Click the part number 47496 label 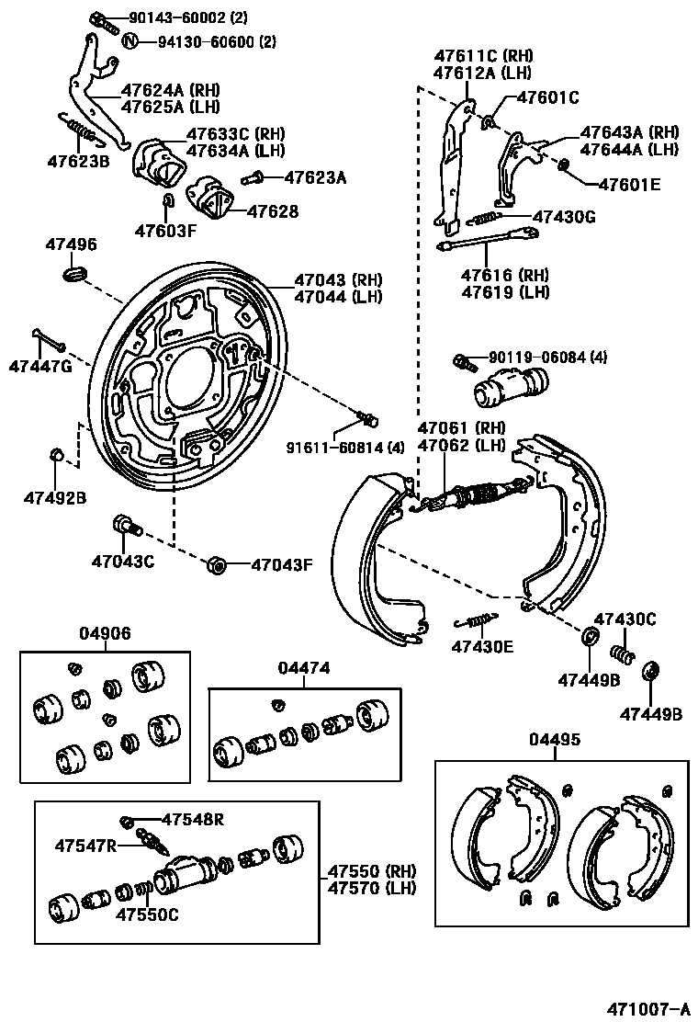[71, 244]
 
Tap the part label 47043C [123, 561]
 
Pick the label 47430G [565, 217]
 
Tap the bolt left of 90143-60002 [100, 19]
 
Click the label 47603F [165, 230]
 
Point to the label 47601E [629, 184]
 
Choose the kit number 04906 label [105, 633]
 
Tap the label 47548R [193, 819]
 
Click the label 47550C [147, 914]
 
